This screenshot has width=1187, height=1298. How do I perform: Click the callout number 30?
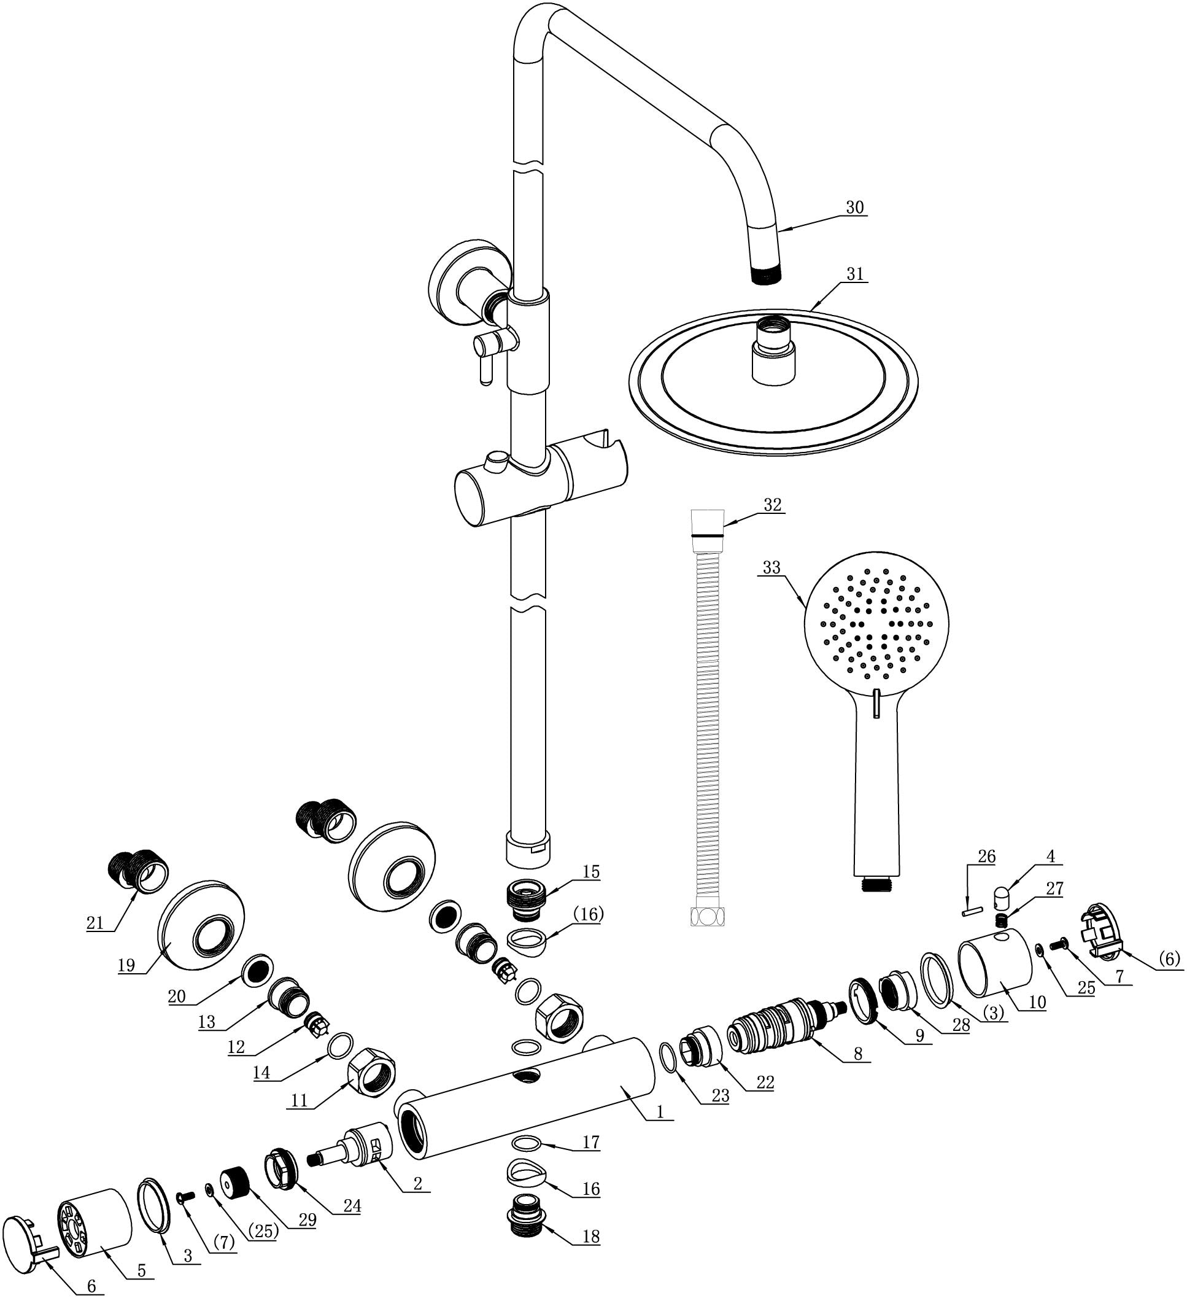pyautogui.click(x=855, y=208)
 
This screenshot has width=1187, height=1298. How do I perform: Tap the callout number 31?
pyautogui.click(x=855, y=274)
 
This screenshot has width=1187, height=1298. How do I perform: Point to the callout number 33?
pyautogui.click(x=771, y=568)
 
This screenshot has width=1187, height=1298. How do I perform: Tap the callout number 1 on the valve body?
pyautogui.click(x=660, y=1112)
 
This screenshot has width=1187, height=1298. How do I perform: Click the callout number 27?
pyautogui.click(x=1054, y=888)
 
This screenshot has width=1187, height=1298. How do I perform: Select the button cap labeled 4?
pyautogui.click(x=1003, y=896)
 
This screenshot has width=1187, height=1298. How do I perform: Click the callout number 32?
pyautogui.click(x=773, y=505)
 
